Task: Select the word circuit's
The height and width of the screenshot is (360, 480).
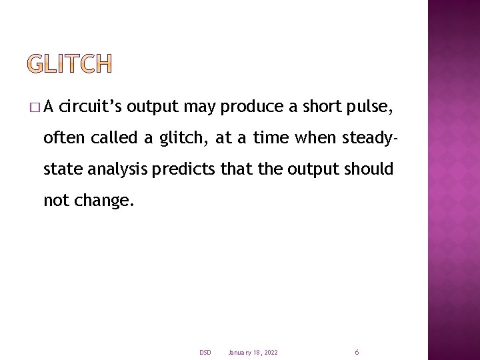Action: (91, 107)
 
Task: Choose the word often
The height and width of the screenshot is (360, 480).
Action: (65, 138)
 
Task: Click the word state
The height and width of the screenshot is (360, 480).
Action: (62, 169)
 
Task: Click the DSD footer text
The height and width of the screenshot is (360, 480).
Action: (205, 352)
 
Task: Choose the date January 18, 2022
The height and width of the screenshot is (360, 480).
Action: (253, 352)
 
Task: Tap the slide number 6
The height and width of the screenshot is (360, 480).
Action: (357, 352)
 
